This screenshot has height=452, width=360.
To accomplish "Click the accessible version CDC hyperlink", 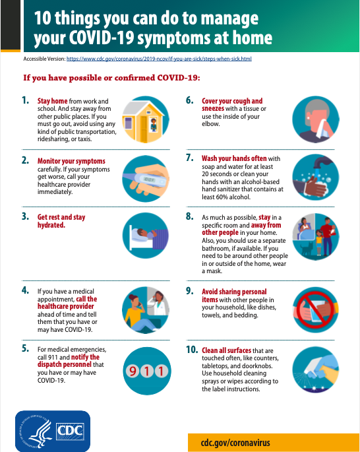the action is point(159,59).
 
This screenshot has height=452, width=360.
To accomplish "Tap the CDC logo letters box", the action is point(70,432).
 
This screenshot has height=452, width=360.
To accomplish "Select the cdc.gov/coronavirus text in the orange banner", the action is point(235,443).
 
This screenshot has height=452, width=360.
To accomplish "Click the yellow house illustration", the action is point(143,121).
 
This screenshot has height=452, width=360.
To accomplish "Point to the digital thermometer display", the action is point(150,179).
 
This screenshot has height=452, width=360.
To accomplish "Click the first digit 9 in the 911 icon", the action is point(133,371).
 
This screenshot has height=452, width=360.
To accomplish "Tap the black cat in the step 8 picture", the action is point(307,249).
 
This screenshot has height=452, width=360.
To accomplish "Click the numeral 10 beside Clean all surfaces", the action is point(192,350).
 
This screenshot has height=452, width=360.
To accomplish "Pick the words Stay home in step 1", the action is point(52,101).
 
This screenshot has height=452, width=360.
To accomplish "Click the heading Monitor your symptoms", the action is point(71,161).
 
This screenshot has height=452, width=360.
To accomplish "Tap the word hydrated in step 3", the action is point(51,225).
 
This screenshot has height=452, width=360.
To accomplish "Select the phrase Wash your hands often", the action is point(234,158).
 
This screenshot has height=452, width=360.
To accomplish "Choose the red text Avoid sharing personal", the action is point(234,292).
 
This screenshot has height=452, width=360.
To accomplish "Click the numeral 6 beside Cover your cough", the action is point(189,100).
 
